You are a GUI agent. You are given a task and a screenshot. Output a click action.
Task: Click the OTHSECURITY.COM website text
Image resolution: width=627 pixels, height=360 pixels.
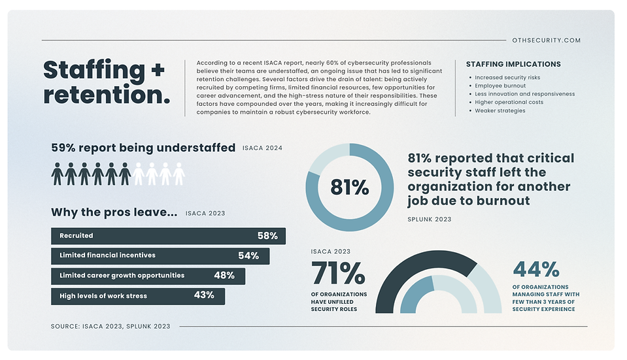[x=547, y=41]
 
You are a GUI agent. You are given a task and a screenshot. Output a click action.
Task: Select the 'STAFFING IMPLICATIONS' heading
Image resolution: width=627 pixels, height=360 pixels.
[x=513, y=64]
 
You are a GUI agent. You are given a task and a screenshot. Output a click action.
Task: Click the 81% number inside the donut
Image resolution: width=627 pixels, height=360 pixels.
[x=350, y=188]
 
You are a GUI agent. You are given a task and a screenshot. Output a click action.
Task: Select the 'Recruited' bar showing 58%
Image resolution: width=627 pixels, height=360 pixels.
[x=168, y=236]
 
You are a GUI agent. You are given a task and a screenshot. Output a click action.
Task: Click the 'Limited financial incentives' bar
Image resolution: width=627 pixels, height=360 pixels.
[x=160, y=255]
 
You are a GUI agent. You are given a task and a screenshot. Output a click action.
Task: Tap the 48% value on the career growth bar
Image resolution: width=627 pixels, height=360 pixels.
[x=224, y=276]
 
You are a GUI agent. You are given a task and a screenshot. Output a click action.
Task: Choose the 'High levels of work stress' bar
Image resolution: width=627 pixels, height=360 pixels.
[x=138, y=296]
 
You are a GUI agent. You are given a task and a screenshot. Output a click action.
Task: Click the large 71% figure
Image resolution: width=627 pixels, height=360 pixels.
[x=338, y=273]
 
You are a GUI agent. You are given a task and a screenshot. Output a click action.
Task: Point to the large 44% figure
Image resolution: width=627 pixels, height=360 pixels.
[x=536, y=269]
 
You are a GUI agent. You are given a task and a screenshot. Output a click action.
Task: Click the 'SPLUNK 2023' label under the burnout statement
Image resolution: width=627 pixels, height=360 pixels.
[x=429, y=220]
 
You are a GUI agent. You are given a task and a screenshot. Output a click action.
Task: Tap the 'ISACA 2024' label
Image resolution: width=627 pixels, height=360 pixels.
[x=262, y=148]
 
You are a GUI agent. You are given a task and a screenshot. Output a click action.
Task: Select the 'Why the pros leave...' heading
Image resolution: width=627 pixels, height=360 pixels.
[x=114, y=212]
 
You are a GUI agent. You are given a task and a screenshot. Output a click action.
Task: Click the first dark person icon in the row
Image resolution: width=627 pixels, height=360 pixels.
[x=58, y=174]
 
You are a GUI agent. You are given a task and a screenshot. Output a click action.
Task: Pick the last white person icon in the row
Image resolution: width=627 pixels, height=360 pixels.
[x=178, y=174]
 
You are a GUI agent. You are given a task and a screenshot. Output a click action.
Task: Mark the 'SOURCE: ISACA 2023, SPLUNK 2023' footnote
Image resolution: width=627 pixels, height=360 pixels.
[x=110, y=326]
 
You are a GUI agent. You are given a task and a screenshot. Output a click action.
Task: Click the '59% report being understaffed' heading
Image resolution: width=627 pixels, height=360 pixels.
[x=143, y=148]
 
